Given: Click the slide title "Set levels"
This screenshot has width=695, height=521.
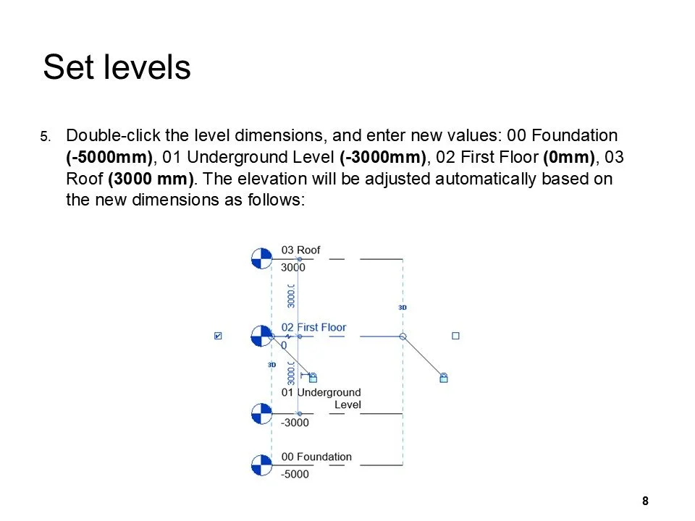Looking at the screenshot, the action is click(117, 68).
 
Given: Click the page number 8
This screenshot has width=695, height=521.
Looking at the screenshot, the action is click(645, 501).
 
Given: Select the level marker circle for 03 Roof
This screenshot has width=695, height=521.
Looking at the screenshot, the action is click(261, 258).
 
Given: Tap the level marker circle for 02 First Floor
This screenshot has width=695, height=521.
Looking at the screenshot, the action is click(261, 336).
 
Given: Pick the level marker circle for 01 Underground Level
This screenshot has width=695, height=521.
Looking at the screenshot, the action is click(261, 414).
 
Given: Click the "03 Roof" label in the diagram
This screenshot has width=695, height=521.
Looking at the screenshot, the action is click(300, 250).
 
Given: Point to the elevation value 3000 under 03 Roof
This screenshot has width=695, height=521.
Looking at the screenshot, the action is click(293, 268).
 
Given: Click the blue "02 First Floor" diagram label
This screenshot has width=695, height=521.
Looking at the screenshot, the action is click(313, 328).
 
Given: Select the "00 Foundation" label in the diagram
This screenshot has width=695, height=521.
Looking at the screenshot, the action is click(316, 457).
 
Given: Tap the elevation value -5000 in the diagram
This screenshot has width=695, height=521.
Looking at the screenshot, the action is click(295, 475).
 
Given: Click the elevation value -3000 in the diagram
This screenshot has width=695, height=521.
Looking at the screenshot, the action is click(295, 423).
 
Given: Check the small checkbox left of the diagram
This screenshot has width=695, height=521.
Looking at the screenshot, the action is click(219, 336).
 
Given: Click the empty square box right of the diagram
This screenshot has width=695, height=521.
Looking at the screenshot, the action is click(455, 336).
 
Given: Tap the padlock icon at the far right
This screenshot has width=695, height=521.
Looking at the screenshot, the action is click(444, 378).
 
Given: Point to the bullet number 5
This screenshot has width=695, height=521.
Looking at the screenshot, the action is click(45, 137).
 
